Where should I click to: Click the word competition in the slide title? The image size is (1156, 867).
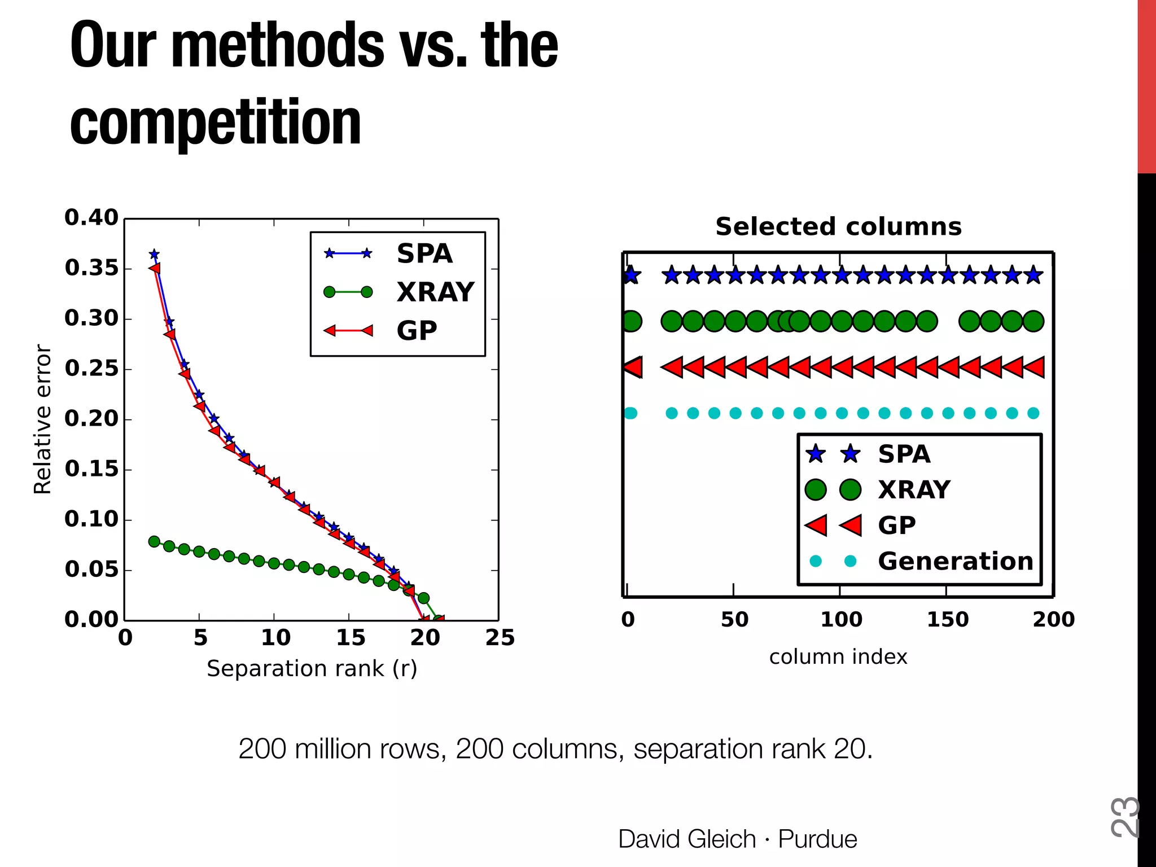pos(216,123)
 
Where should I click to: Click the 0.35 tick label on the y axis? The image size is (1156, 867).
pos(91,268)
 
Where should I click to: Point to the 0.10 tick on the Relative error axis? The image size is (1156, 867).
pos(91,519)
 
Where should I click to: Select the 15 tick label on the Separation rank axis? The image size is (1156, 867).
pos(350,638)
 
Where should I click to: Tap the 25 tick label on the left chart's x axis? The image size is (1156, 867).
pos(500,638)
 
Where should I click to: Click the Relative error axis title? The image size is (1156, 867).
pos(43,419)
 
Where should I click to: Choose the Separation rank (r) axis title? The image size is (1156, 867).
pos(312,669)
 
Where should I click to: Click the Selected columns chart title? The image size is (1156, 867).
pos(838,227)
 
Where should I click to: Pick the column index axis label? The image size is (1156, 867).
pos(838,657)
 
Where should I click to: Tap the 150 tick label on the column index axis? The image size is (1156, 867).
pos(947,620)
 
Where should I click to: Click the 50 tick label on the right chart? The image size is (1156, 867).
pos(734,620)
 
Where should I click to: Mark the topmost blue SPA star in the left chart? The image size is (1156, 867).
pos(154,255)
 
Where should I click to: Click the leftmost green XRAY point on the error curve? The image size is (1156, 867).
pos(154,541)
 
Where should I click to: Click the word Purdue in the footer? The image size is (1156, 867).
pos(817,839)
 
